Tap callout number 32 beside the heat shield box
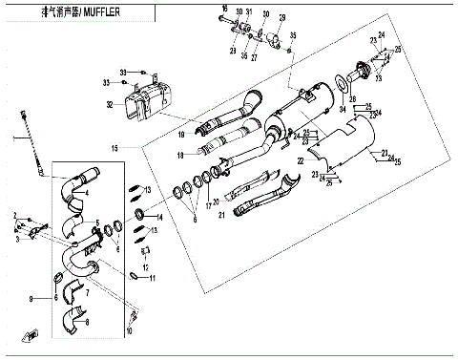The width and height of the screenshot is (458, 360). (110, 104)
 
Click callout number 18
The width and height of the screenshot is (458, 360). (179, 154)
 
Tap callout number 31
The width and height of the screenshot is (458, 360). (248, 11)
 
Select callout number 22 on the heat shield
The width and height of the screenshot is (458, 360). (299, 162)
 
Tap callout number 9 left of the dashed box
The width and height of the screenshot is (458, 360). (31, 299)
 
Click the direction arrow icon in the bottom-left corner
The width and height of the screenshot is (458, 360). (31, 333)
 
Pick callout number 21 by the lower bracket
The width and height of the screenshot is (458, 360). (223, 216)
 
